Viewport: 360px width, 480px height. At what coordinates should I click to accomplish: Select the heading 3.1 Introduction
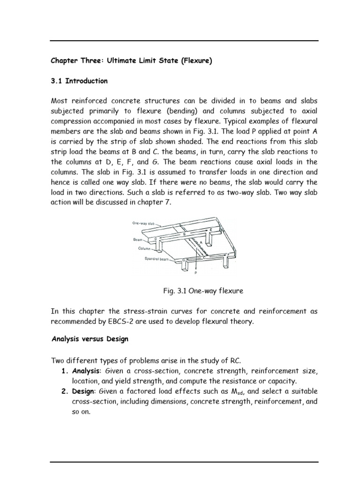79,81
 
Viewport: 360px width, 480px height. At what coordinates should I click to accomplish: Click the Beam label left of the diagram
137,239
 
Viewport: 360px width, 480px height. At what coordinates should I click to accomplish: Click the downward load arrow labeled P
195,258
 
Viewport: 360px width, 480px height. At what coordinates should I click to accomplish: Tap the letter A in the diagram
202,243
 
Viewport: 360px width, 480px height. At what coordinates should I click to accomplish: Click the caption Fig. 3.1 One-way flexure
203,291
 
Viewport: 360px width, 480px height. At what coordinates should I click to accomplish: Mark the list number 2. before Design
66,391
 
